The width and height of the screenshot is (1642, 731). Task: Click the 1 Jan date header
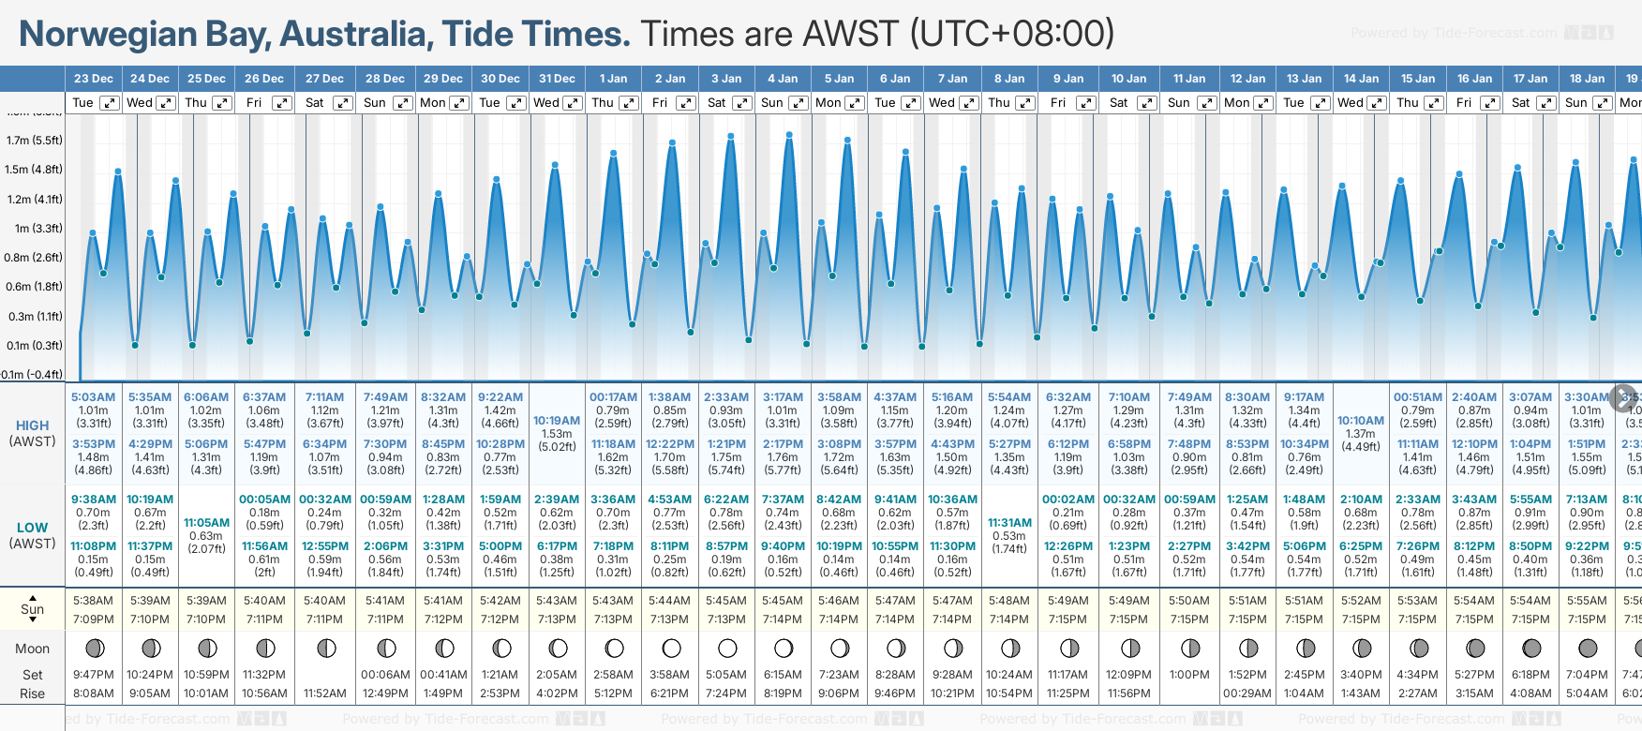(614, 79)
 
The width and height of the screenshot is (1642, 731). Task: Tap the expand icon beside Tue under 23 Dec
(110, 103)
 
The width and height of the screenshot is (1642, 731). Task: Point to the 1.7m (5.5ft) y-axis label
(34, 141)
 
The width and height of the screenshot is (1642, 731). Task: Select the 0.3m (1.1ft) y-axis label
(34, 317)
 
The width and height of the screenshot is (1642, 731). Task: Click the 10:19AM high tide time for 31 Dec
(557, 421)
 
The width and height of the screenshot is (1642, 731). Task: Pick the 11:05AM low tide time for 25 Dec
(206, 523)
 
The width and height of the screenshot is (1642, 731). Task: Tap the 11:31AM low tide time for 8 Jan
(1008, 523)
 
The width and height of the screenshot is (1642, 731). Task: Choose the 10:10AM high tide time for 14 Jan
(1361, 421)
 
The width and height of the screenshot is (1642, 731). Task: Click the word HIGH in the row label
(32, 425)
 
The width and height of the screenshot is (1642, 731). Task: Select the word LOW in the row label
(32, 528)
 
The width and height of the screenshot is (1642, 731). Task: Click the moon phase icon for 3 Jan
(727, 648)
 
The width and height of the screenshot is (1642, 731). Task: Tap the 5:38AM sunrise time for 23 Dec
(93, 601)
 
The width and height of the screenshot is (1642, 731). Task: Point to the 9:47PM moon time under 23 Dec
(93, 675)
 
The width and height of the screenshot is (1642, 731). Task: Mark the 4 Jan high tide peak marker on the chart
(789, 135)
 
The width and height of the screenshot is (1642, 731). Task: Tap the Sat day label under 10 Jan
(1118, 103)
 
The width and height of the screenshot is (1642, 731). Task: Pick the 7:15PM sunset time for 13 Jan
(1304, 619)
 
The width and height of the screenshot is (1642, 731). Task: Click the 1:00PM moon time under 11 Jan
(1189, 675)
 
